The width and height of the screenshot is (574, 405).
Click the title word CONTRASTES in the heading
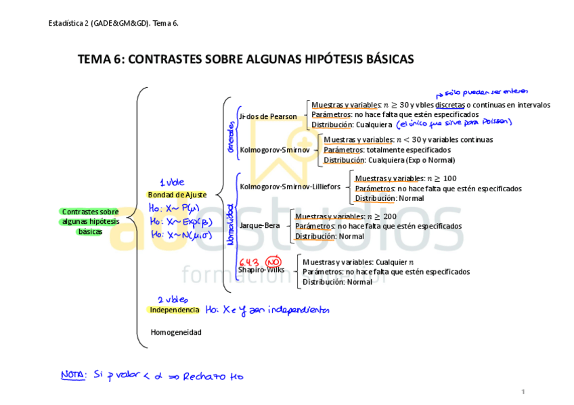159,60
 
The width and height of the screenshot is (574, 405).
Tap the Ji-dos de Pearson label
268,116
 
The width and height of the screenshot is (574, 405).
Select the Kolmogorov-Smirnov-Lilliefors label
290,186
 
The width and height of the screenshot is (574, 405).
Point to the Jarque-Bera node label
259,226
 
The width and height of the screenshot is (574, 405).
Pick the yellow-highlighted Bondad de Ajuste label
177,195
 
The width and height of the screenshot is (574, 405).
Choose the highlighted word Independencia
175,310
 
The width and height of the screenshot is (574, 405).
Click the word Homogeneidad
176,333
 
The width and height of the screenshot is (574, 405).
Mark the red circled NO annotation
273,261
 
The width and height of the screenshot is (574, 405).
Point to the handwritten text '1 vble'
171,183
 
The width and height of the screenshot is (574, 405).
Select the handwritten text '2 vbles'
173,299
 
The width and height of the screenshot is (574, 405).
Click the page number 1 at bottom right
523,391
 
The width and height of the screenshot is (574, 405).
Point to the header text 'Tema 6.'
165,24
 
